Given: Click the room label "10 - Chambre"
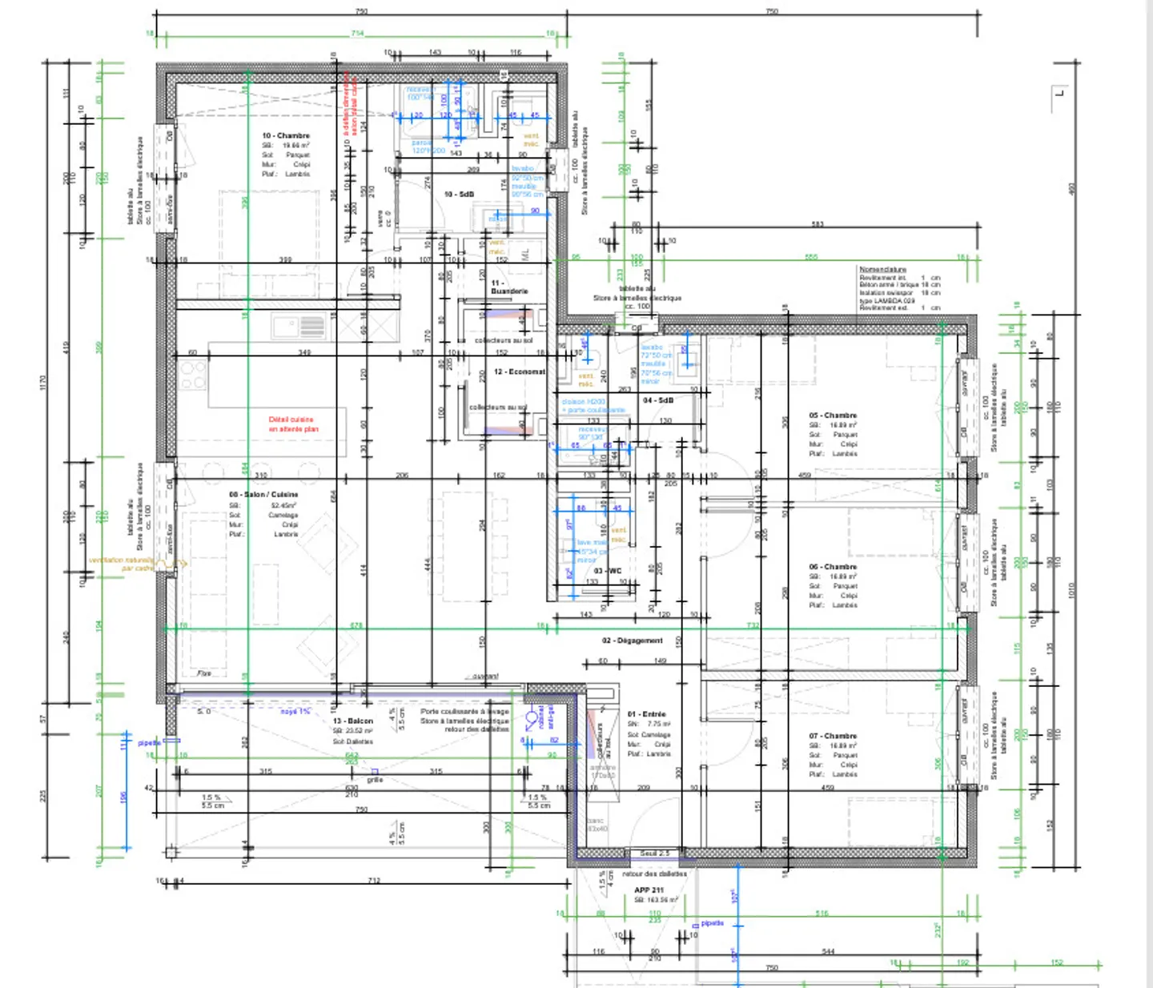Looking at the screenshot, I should coord(285,135).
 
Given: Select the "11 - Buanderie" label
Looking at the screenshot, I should coord(508,287).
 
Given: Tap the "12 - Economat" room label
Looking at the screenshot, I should coord(519,372).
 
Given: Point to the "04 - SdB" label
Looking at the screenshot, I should coord(658,400).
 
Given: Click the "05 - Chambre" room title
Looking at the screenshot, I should coord(833,416).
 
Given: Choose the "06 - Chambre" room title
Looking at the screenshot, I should coord(833,566).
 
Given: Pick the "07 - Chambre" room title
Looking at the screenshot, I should coord(833,735).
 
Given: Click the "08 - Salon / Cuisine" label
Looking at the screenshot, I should coord(263,495).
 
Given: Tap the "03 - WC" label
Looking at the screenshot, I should coord(608,571).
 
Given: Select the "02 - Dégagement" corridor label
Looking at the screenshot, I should coord(633,641).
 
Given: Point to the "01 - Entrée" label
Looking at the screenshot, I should coord(647,713).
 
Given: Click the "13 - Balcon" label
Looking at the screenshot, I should coord(353,721).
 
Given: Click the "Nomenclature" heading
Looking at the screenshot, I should coord(882,269).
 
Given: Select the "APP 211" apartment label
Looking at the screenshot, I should coord(649,890).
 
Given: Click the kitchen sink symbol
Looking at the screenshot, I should coord(298,327).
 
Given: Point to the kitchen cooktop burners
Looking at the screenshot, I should coord(192,376).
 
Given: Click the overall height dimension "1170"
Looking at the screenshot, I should coord(43,382).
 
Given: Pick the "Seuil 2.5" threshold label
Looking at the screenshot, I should coord(655,853).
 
